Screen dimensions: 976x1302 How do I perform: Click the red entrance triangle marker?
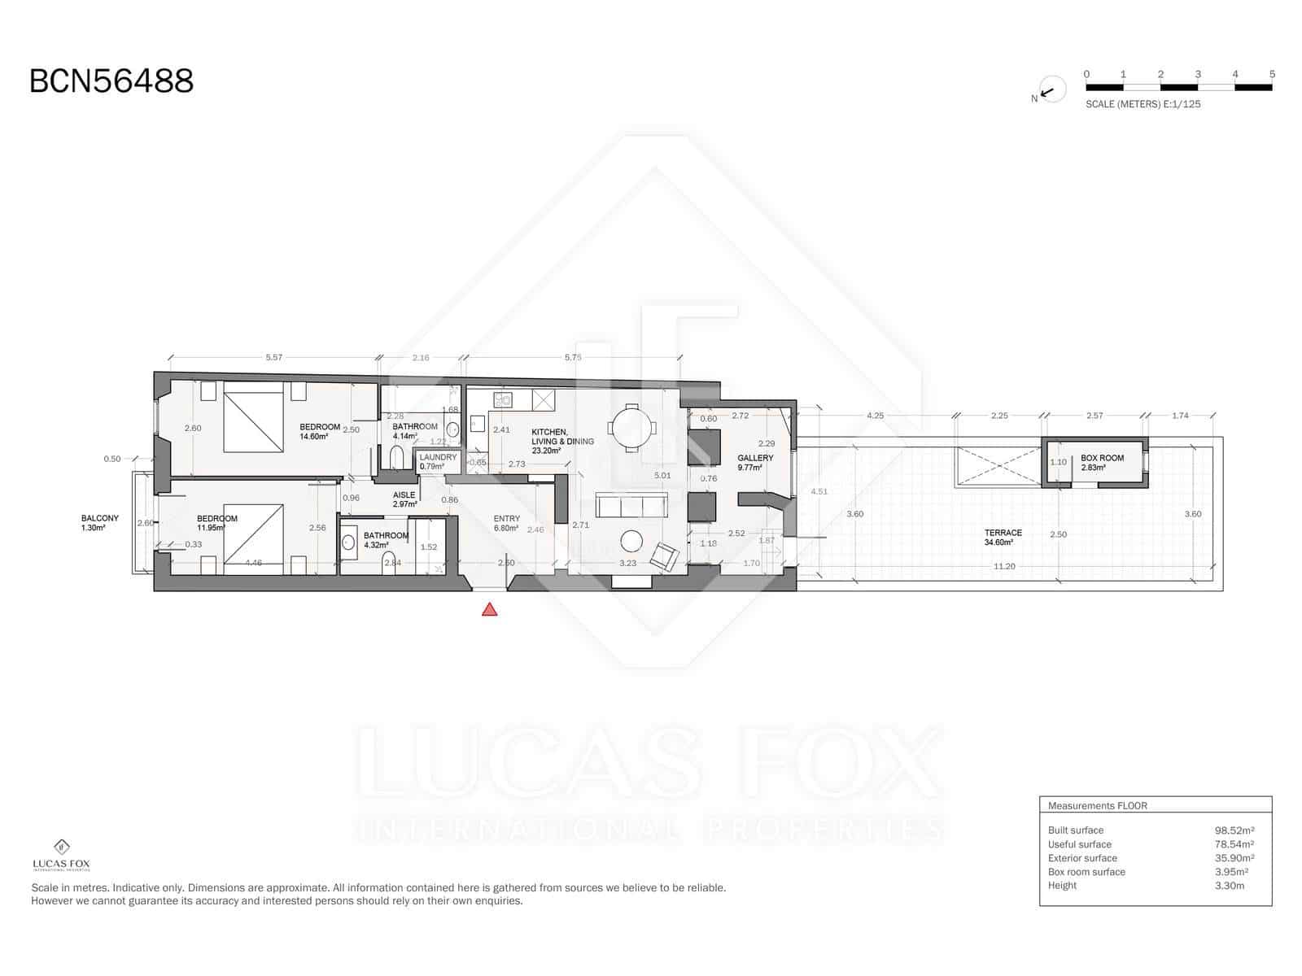click(489, 609)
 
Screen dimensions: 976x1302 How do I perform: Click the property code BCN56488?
click(111, 81)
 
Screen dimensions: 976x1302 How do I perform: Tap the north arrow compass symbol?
click(1051, 91)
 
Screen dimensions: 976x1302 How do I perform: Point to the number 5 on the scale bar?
click(1272, 74)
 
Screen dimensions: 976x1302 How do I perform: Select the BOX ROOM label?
click(1102, 458)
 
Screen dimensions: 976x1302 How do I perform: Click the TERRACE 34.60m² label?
click(1003, 537)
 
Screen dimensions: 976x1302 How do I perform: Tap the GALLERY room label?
click(755, 458)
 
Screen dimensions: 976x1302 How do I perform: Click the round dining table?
click(631, 427)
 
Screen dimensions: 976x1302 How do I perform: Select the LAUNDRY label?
click(438, 458)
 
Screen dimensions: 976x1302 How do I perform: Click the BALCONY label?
click(99, 518)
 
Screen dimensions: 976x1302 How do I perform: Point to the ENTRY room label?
click(506, 519)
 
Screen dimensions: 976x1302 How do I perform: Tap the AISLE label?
click(404, 495)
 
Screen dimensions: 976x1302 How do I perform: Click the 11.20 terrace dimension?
click(1004, 566)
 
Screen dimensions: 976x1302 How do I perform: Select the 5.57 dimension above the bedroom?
click(274, 357)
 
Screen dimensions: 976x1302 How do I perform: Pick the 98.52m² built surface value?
click(1234, 830)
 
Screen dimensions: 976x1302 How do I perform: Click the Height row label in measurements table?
click(1062, 886)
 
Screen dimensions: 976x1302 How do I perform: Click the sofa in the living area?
click(631, 505)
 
